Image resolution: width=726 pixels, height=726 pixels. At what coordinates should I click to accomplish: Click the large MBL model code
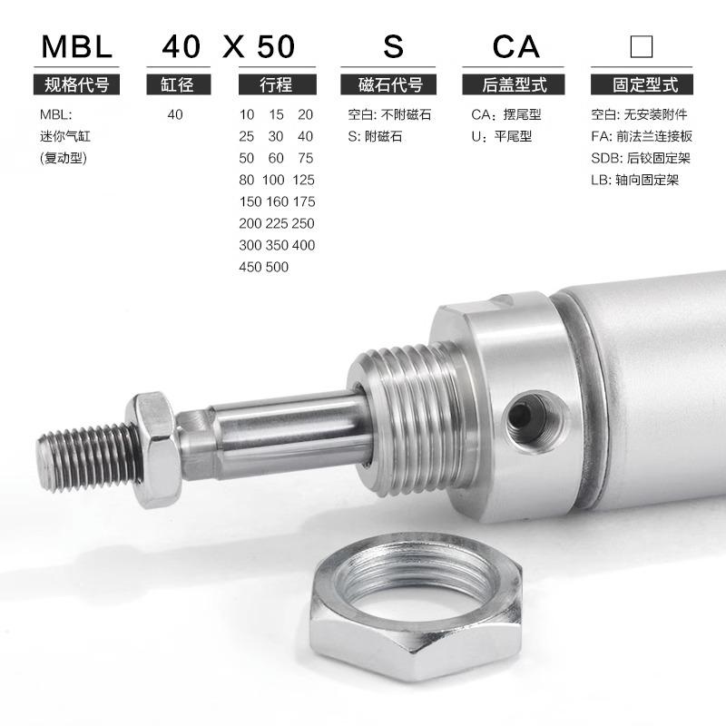[77, 46]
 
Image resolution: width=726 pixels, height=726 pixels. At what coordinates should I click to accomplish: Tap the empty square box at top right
[642, 46]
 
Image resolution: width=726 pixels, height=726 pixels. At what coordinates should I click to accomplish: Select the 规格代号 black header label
[76, 84]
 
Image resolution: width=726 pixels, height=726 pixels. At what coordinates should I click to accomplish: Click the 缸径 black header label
[178, 84]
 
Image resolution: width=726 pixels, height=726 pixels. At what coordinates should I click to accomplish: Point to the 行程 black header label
[278, 84]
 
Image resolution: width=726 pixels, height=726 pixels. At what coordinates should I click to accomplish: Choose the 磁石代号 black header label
[388, 84]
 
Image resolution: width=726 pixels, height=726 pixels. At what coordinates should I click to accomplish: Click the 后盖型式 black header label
[513, 84]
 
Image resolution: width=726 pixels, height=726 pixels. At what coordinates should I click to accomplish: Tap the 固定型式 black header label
[642, 84]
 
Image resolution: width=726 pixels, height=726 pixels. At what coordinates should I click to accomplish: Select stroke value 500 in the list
[277, 267]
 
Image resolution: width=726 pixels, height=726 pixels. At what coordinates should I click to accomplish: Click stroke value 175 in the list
[304, 201]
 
